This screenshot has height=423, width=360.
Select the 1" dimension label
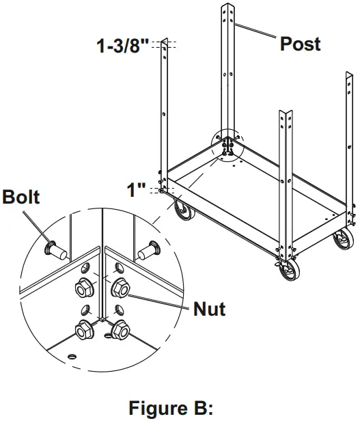(x=137, y=189)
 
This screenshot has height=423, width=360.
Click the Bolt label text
(x=21, y=198)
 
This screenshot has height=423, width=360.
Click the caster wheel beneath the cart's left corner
(x=182, y=211)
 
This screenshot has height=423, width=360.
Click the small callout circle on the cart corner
(x=229, y=145)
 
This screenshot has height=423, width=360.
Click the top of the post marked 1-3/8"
(x=164, y=44)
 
